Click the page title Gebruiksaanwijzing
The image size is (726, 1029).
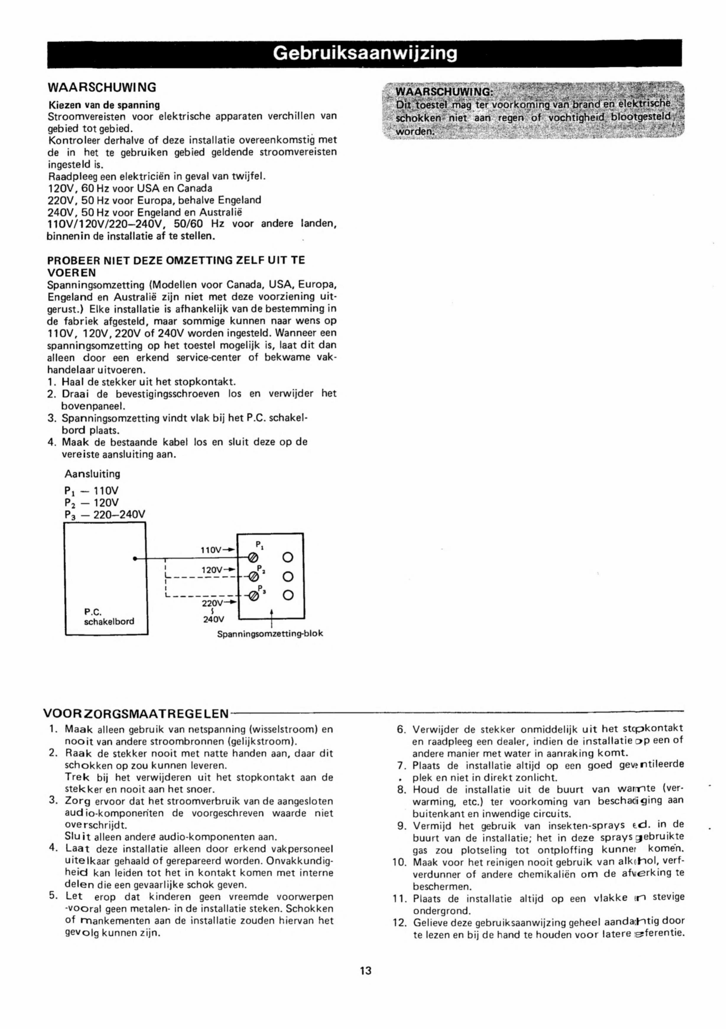(x=365, y=54)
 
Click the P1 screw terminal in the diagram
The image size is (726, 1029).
(x=252, y=558)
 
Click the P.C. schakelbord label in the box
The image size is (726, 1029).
(x=109, y=617)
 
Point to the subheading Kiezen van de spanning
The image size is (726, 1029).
(x=104, y=105)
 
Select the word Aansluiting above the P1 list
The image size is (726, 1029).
(x=92, y=474)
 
